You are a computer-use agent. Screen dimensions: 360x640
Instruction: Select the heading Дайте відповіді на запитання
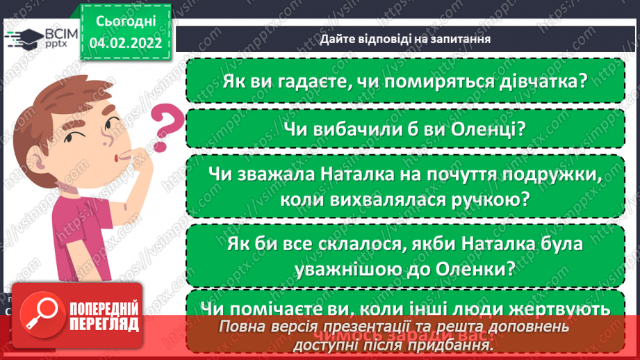406,39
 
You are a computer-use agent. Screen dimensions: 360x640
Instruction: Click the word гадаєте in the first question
304,81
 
